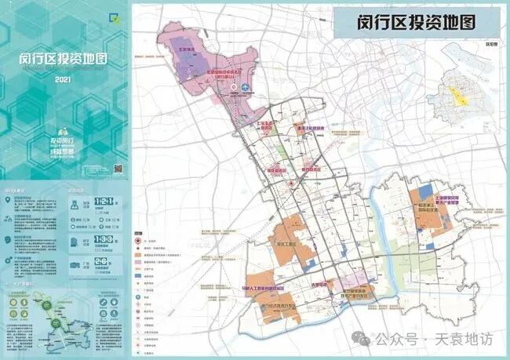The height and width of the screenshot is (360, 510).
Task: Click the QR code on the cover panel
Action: [x=118, y=169]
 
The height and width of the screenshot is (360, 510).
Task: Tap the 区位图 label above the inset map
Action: [x=492, y=45]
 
